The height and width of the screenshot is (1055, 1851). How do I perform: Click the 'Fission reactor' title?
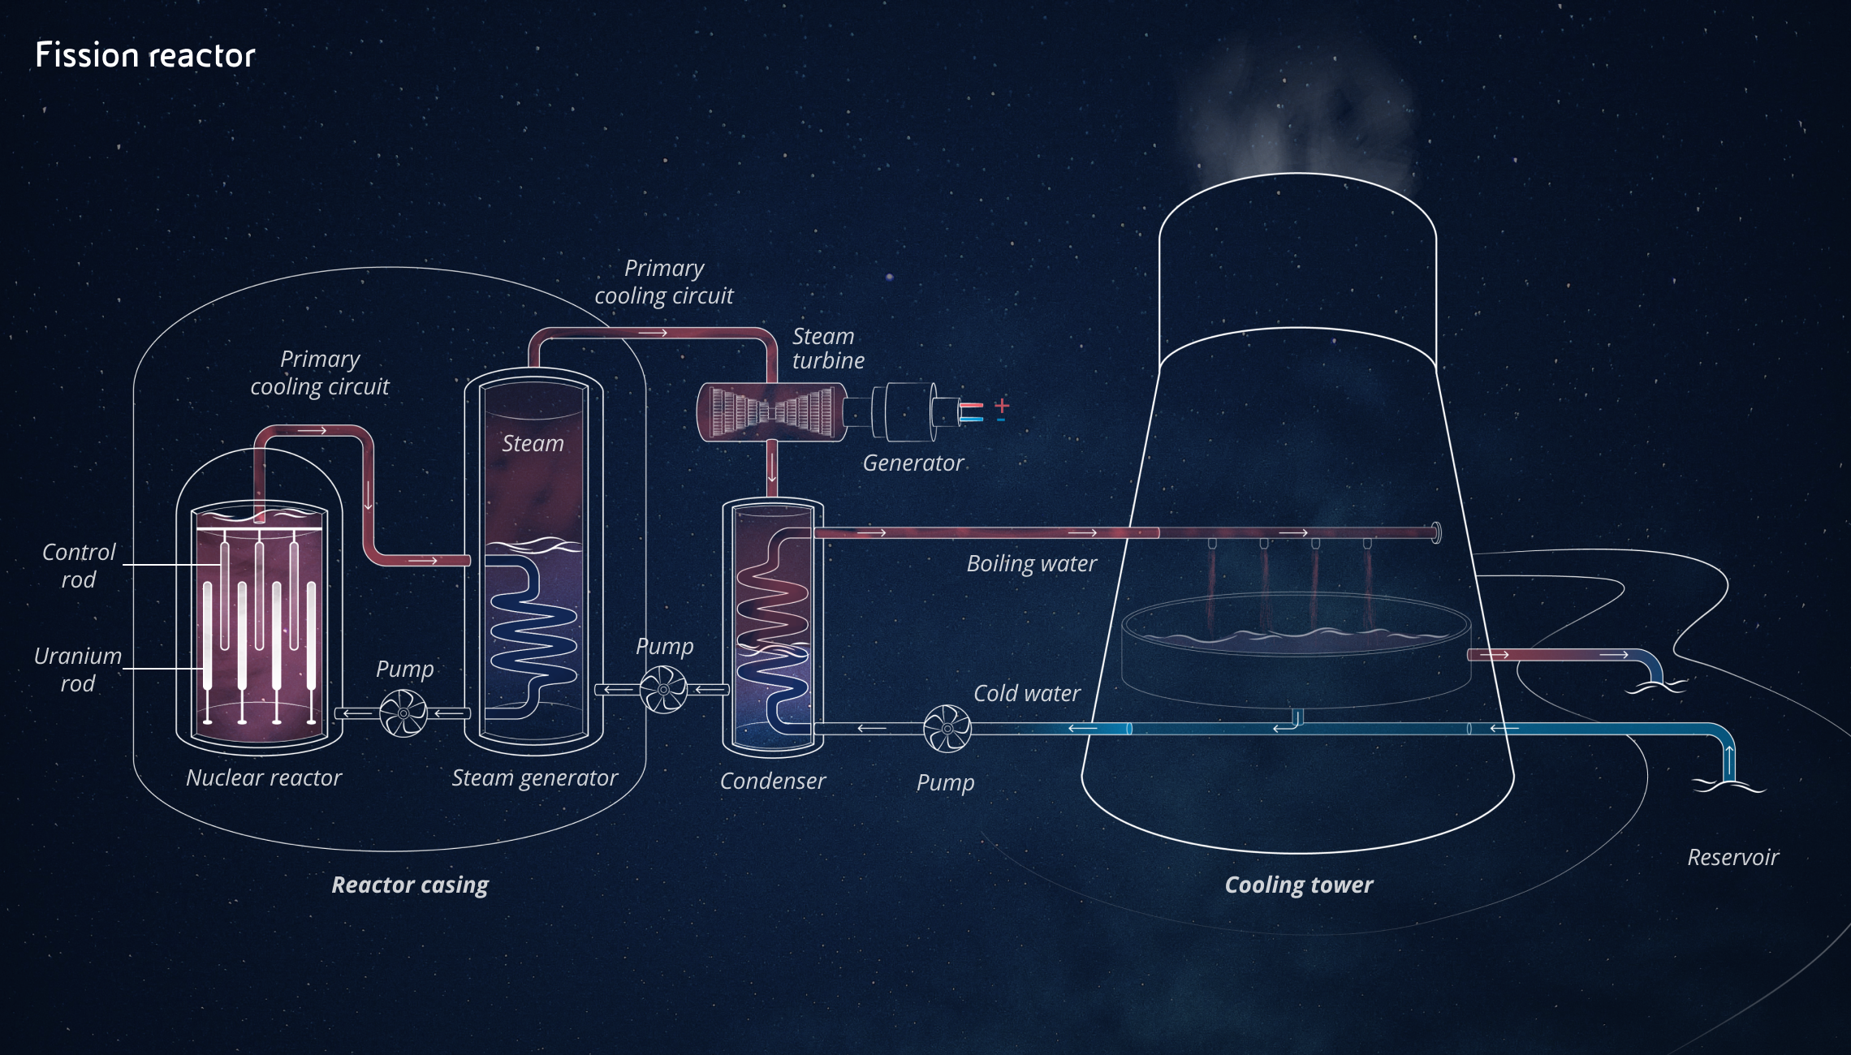point(145,55)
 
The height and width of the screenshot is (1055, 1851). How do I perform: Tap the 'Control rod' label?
point(79,566)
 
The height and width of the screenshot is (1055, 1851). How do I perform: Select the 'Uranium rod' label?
point(78,670)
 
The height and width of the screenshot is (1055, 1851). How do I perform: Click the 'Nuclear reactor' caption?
point(264,777)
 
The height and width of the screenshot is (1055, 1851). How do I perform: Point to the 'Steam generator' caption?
point(534,777)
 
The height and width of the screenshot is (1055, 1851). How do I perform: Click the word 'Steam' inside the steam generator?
point(533,443)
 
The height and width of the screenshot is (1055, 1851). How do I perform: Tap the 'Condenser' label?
point(772,781)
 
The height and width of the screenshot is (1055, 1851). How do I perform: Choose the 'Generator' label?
point(913,463)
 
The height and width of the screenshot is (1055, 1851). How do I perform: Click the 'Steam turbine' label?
point(828,348)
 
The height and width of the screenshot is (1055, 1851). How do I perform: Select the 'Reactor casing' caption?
point(410,885)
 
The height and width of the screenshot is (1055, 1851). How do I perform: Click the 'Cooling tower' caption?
point(1299,885)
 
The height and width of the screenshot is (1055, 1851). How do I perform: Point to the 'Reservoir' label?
point(1732,857)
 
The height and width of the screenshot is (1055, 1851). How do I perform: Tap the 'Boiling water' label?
point(1031,563)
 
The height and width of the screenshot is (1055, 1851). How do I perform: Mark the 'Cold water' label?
point(1027,693)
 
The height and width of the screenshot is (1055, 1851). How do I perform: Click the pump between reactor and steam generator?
point(403,713)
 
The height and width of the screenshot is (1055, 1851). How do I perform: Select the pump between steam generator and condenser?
point(663,690)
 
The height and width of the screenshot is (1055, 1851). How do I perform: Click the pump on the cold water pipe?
point(947,729)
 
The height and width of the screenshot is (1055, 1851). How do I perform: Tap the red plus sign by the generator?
point(1002,405)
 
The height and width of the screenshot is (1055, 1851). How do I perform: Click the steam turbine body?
point(771,413)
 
